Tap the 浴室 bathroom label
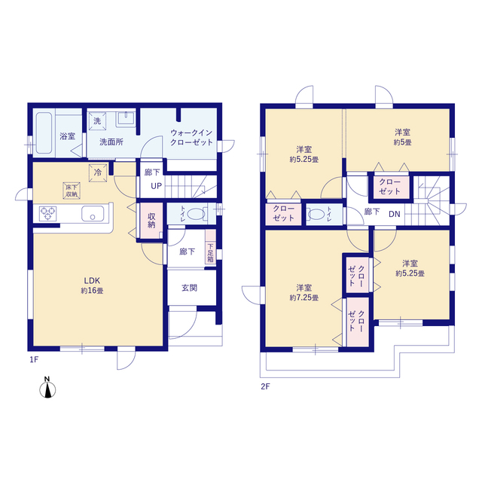(x=67, y=136)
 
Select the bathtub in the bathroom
(x=44, y=133)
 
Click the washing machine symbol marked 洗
(x=97, y=121)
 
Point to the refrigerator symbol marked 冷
(x=98, y=172)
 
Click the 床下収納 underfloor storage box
(x=72, y=191)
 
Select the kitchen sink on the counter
(x=93, y=214)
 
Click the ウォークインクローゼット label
(x=191, y=138)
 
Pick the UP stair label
(x=156, y=186)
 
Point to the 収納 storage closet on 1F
(x=151, y=221)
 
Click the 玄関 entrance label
(x=189, y=288)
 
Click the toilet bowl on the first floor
(x=196, y=214)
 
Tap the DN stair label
(x=395, y=214)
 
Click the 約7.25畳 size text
(x=304, y=298)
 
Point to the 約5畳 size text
(x=402, y=142)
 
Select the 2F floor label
(x=265, y=386)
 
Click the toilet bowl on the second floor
(x=316, y=214)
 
